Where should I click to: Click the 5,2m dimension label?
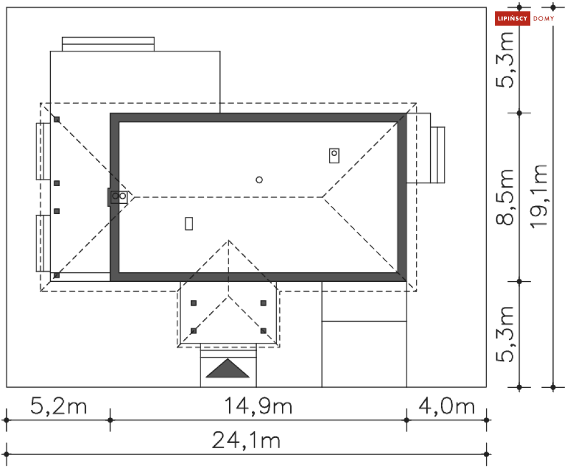click(x=59, y=406)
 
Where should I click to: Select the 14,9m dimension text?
click(x=258, y=406)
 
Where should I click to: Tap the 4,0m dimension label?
click(x=447, y=406)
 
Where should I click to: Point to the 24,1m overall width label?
click(x=246, y=440)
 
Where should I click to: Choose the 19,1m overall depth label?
click(x=539, y=196)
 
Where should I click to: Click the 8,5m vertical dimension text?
click(x=505, y=197)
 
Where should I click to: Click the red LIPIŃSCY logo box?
click(x=512, y=18)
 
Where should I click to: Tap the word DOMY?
click(x=544, y=18)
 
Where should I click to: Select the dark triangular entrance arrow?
click(x=227, y=368)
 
